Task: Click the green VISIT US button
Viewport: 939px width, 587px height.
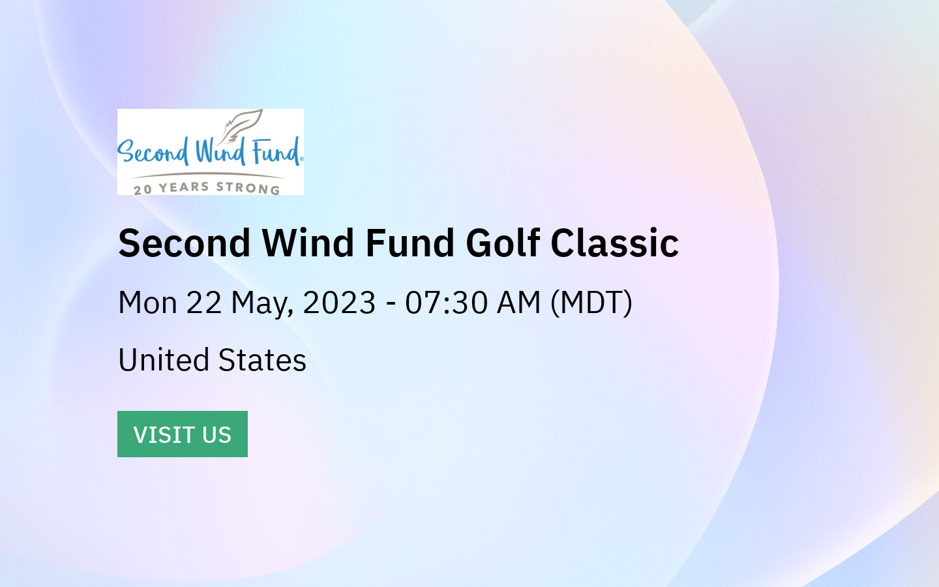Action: click(x=183, y=434)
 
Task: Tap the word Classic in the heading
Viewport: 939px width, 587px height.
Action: click(x=614, y=243)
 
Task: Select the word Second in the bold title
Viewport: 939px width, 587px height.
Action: click(x=185, y=243)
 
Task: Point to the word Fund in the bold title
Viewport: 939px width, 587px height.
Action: click(x=410, y=243)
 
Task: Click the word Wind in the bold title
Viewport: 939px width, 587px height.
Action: click(x=308, y=243)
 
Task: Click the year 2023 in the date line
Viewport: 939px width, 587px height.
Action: click(x=339, y=303)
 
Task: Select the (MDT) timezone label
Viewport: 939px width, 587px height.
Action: click(x=591, y=303)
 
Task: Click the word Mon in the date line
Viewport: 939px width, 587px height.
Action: click(x=147, y=303)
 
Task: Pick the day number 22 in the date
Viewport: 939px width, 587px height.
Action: click(x=204, y=303)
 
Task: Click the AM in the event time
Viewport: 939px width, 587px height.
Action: click(x=518, y=303)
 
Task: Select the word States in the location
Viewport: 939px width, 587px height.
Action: click(x=262, y=360)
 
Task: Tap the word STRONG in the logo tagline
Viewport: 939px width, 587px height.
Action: click(x=248, y=188)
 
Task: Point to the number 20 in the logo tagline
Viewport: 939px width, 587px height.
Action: click(x=143, y=190)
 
